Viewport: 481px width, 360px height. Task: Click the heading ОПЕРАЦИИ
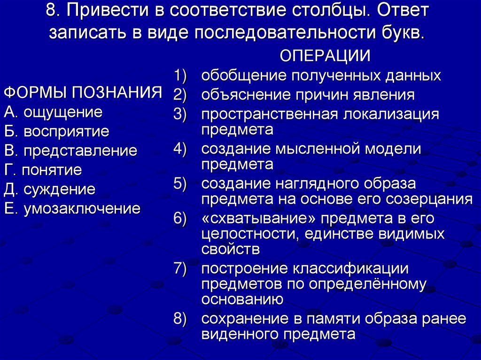pyautogui.click(x=325, y=56)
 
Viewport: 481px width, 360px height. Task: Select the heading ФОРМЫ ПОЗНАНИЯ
pyautogui.click(x=83, y=92)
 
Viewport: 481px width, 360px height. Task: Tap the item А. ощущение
pyautogui.click(x=53, y=112)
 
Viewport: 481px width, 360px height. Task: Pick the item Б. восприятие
pyautogui.click(x=56, y=131)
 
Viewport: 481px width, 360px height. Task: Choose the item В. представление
pyautogui.click(x=70, y=151)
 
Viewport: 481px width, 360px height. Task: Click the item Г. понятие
pyautogui.click(x=43, y=169)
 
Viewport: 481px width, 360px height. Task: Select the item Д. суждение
pyautogui.click(x=49, y=189)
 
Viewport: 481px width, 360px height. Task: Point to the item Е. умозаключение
pyautogui.click(x=72, y=208)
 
